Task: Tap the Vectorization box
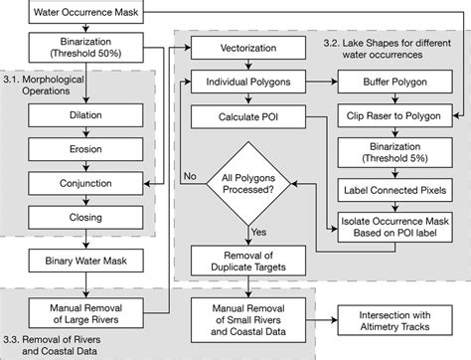pyautogui.click(x=246, y=48)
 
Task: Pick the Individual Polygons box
pyautogui.click(x=246, y=82)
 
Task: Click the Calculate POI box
pyautogui.click(x=246, y=115)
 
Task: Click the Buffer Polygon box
pyautogui.click(x=394, y=82)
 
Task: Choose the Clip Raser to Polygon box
pyautogui.click(x=394, y=115)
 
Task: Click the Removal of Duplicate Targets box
pyautogui.click(x=246, y=261)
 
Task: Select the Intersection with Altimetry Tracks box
pyautogui.click(x=394, y=320)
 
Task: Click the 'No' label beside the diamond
pyautogui.click(x=188, y=175)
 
